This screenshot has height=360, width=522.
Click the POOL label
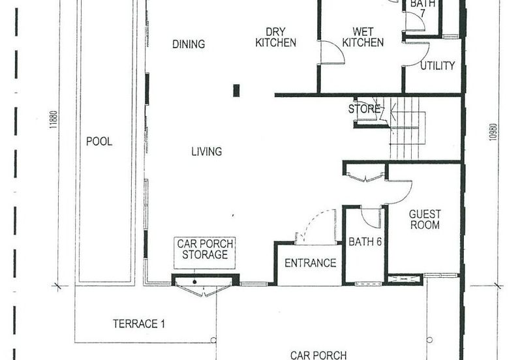point(99,142)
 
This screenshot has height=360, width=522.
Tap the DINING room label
point(189,44)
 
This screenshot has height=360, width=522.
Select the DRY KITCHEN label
point(275,37)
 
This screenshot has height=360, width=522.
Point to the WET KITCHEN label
point(363,37)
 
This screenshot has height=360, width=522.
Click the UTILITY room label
point(437,66)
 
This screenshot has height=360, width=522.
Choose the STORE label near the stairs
point(364,109)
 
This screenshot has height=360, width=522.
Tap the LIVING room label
point(206,152)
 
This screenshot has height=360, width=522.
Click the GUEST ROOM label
point(425,219)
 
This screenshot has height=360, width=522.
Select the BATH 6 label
point(365,242)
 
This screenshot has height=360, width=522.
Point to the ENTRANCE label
point(311,263)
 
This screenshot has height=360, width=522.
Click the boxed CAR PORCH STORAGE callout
point(205,253)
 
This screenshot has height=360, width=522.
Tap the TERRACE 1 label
point(139,323)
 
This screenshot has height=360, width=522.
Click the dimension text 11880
point(54,120)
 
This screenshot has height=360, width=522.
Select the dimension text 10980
point(493,132)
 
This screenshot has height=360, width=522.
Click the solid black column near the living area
point(236,91)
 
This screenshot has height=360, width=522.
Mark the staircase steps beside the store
point(407,128)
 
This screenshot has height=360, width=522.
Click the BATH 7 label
point(422,8)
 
